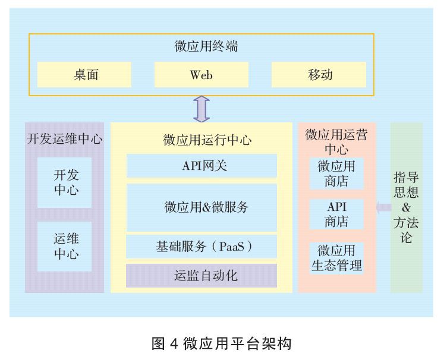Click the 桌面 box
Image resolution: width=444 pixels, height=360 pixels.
84,75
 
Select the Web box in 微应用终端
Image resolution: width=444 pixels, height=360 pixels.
201,75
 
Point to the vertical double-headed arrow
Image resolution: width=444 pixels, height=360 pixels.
202,109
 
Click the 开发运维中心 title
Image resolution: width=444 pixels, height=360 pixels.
65,139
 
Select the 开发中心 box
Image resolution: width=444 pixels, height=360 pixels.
65,182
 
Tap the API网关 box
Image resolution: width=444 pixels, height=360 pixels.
201,166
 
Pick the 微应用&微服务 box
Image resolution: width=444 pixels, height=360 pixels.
201,207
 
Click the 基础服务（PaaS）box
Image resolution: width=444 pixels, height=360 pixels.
201,246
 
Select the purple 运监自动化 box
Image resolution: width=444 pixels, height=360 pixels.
201,276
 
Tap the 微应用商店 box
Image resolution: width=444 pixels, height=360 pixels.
336,173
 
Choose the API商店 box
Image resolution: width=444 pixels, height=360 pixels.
336,214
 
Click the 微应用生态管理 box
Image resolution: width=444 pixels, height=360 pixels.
336,257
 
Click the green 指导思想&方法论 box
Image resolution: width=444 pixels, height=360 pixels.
407,207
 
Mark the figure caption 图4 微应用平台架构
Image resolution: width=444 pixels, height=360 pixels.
222,343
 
